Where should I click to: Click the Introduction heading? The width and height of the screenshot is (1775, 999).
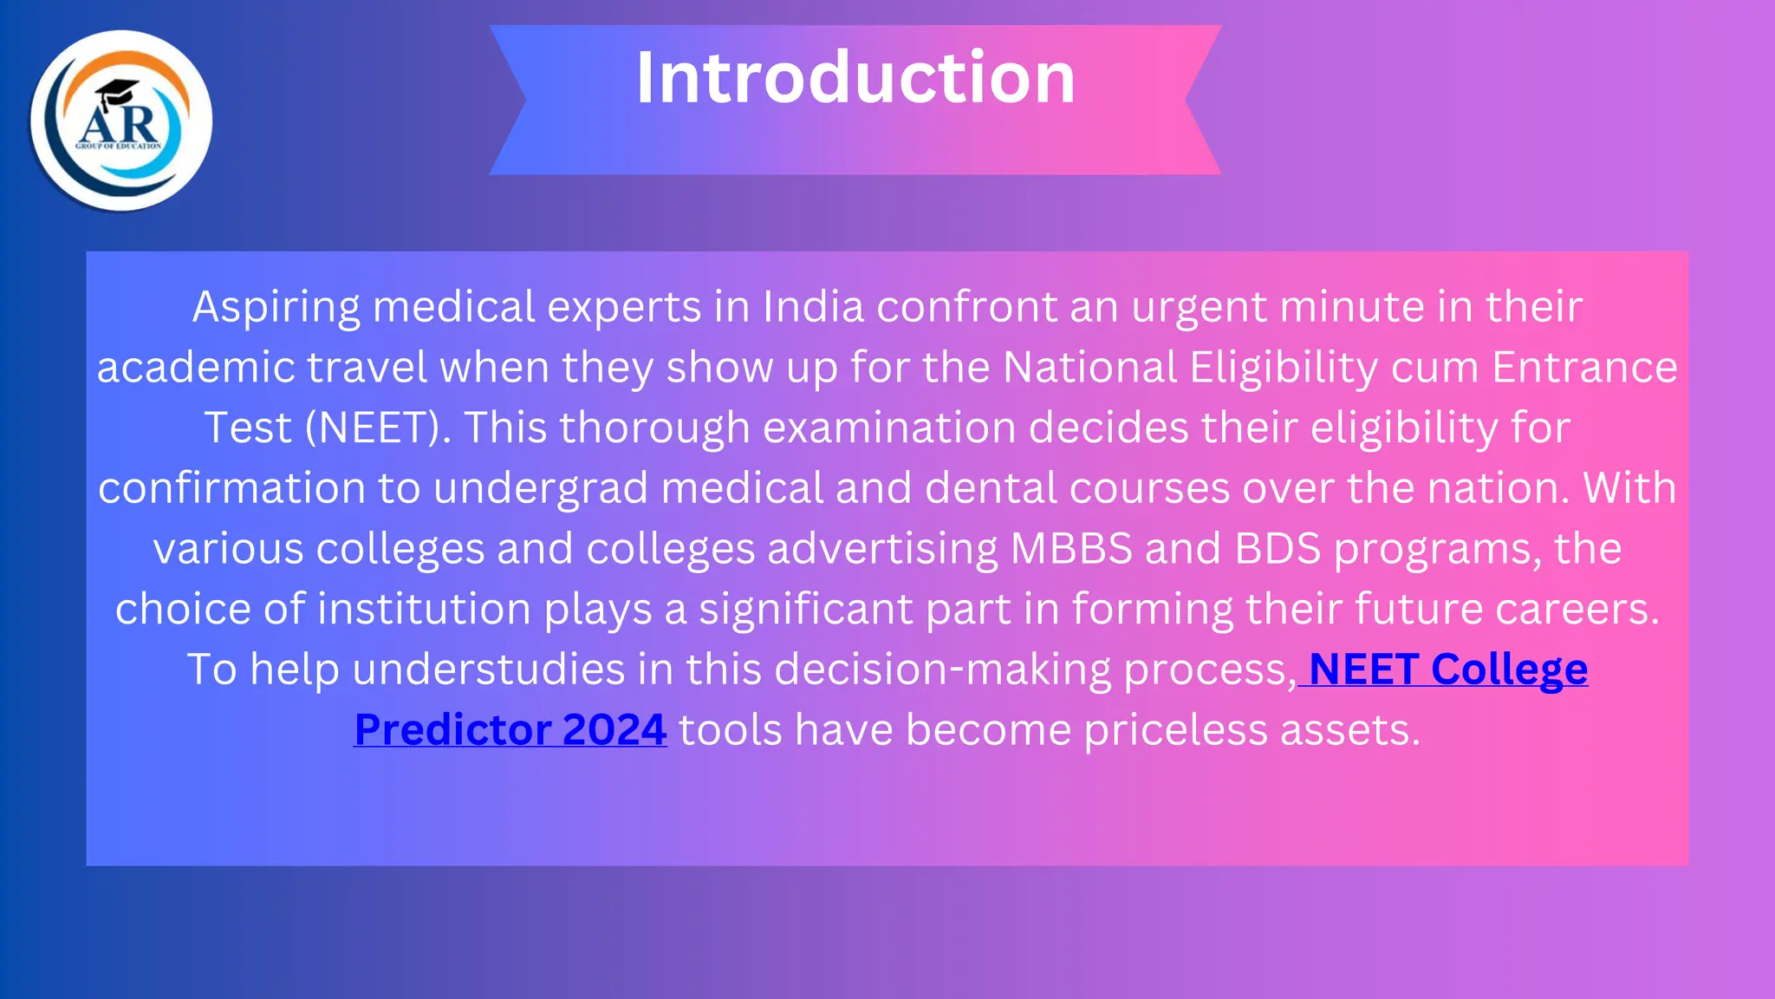point(855,78)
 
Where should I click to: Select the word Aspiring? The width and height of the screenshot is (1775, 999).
point(276,308)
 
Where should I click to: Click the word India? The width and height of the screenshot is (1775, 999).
point(813,307)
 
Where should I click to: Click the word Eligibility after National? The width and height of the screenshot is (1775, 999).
point(1284,368)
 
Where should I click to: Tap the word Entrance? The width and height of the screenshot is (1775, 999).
point(1584,368)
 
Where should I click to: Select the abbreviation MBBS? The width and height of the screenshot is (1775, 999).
point(1071,549)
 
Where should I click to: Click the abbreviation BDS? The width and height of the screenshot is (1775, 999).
point(1278,549)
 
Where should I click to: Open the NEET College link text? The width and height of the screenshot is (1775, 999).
point(1448,669)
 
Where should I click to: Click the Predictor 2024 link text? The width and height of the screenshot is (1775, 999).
point(510,730)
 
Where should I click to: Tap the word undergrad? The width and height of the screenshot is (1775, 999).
point(541,488)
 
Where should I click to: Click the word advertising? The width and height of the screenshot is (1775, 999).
point(882,549)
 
